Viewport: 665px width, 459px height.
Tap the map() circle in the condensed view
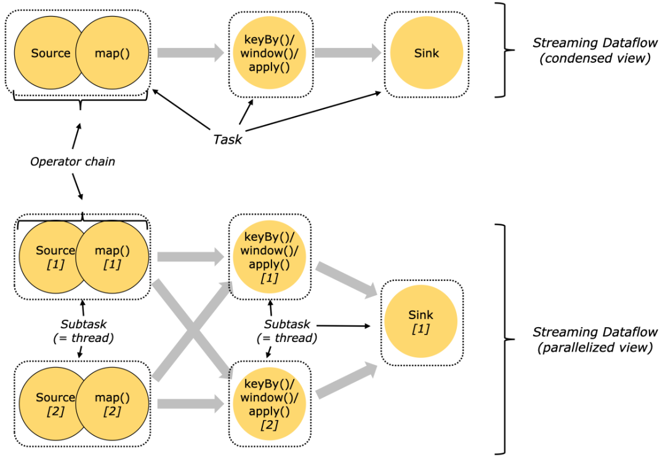click(x=113, y=53)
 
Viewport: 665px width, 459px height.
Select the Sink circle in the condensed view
click(x=427, y=53)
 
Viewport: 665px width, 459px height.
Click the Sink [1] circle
click(x=421, y=321)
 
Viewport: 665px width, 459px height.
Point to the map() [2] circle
click(x=113, y=404)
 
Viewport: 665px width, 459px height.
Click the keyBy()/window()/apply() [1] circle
click(x=269, y=257)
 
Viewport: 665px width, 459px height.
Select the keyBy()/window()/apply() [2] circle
click(x=269, y=404)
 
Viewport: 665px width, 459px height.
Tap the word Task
click(x=228, y=139)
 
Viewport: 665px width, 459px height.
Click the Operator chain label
click(x=73, y=161)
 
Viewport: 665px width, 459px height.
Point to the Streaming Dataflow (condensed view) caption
click(x=595, y=50)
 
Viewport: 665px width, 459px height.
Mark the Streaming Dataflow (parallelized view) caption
click(x=595, y=339)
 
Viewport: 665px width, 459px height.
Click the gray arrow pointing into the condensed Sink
click(x=348, y=52)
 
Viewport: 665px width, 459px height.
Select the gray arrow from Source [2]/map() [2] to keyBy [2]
click(x=191, y=404)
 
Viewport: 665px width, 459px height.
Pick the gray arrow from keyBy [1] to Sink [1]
click(x=347, y=279)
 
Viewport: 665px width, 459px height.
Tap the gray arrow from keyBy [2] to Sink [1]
click(x=347, y=381)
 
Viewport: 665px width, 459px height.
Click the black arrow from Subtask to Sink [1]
click(x=344, y=326)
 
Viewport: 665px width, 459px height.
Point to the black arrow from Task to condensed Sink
click(x=313, y=112)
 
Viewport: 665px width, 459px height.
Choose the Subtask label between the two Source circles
click(x=84, y=331)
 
